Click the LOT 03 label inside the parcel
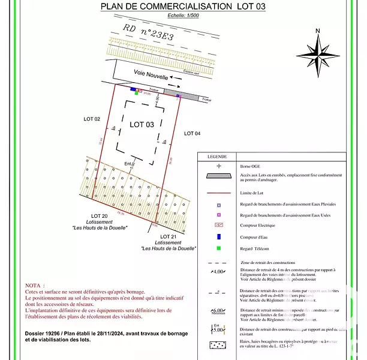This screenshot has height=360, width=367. (x=142, y=124)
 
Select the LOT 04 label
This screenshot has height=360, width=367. (x=192, y=133)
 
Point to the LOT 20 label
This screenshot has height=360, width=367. (x=99, y=216)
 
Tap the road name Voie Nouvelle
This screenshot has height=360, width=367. (x=151, y=74)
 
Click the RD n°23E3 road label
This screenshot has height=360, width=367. (x=146, y=34)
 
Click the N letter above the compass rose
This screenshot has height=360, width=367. (x=318, y=31)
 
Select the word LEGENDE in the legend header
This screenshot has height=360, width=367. (x=216, y=156)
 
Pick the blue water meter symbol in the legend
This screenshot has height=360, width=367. (x=219, y=236)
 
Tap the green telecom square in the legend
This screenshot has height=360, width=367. (x=219, y=248)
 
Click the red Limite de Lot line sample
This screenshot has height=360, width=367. (x=219, y=193)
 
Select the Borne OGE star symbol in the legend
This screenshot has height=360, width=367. (x=219, y=165)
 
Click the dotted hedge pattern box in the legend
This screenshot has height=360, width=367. (x=219, y=345)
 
